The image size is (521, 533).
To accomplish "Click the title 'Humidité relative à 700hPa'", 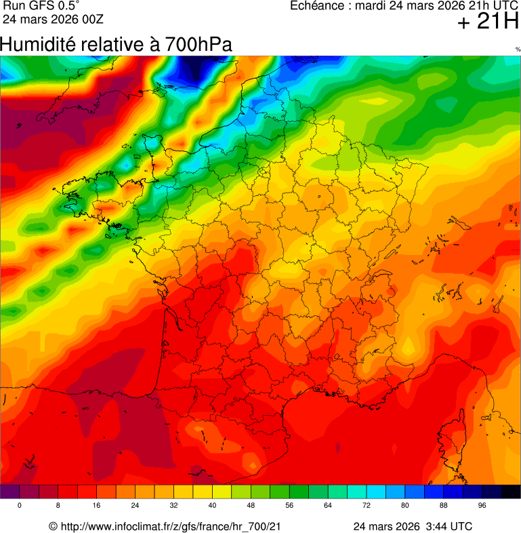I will pyautogui.click(x=116, y=45).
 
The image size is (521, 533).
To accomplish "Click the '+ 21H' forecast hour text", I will pyautogui.click(x=487, y=22).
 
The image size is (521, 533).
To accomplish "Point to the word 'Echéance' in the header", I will pyautogui.click(x=315, y=6).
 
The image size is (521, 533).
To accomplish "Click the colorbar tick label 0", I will pyautogui.click(x=19, y=506).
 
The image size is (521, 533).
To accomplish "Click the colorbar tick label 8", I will pyautogui.click(x=58, y=506).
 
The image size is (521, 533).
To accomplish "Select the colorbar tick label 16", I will pyautogui.click(x=96, y=506).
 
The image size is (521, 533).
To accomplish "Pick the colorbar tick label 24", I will pyautogui.click(x=135, y=506).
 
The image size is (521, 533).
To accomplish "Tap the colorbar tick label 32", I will pyautogui.click(x=173, y=506).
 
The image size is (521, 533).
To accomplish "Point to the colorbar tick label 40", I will pyautogui.click(x=212, y=506).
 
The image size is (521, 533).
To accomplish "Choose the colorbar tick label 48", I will pyautogui.click(x=251, y=506).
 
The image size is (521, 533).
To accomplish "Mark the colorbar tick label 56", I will pyautogui.click(x=289, y=506).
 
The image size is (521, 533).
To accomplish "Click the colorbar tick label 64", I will pyautogui.click(x=328, y=506).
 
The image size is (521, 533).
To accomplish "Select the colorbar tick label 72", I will pyautogui.click(x=367, y=506).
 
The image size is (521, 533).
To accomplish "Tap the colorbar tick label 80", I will pyautogui.click(x=405, y=506).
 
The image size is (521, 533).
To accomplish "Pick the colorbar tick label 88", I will pyautogui.click(x=444, y=506).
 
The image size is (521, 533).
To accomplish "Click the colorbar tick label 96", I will pyautogui.click(x=482, y=506).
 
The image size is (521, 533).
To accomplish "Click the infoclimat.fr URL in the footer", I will pyautogui.click(x=170, y=527).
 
